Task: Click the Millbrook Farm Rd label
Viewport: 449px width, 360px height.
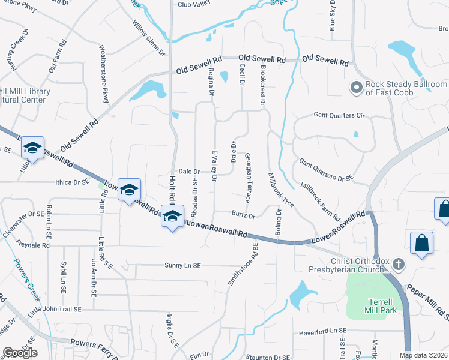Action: [x=321, y=201]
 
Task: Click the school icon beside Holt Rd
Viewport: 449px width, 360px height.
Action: [x=172, y=217]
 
